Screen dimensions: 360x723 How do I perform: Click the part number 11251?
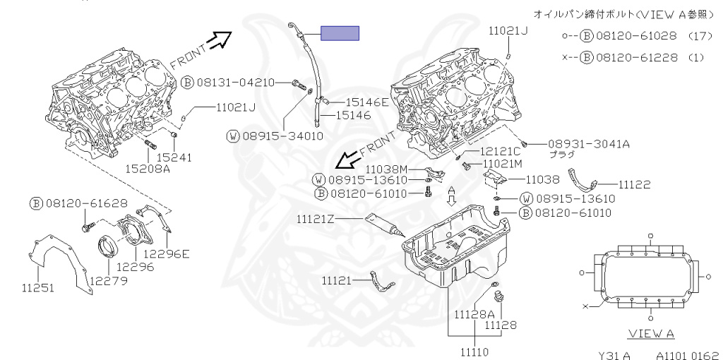click(37, 289)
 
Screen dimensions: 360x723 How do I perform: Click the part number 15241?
click(174, 157)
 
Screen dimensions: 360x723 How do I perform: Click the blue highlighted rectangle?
click(340, 33)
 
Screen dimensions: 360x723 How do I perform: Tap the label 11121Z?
click(314, 219)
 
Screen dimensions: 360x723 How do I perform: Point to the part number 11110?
click(475, 349)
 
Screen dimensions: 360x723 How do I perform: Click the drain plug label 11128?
click(500, 325)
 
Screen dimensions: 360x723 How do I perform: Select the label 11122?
click(634, 184)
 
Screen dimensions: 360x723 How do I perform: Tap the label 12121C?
click(501, 151)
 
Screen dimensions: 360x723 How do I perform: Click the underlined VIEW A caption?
click(650, 333)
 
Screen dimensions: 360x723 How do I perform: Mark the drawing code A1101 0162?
click(687, 356)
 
